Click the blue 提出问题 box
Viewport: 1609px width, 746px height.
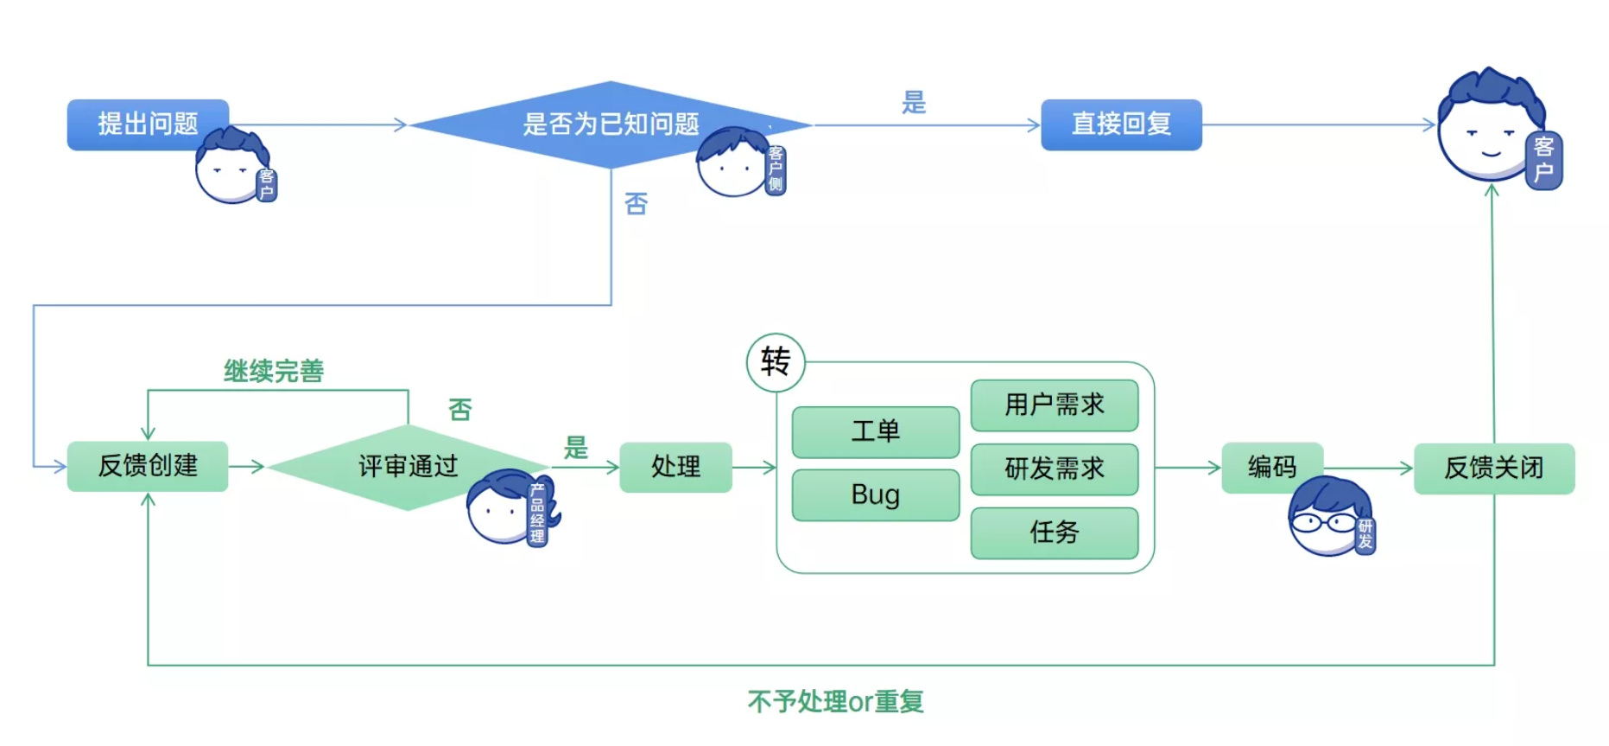(x=147, y=124)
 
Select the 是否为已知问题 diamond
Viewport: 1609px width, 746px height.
(x=610, y=124)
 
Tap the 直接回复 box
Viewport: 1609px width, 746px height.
(x=1120, y=124)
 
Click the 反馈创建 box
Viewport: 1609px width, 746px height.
(x=147, y=466)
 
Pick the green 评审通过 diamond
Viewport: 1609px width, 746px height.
(x=408, y=467)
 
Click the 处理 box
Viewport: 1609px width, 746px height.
(x=675, y=467)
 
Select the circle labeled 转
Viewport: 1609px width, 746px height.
(x=775, y=362)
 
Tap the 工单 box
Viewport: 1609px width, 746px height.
(x=875, y=431)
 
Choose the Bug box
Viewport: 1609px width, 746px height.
(x=875, y=494)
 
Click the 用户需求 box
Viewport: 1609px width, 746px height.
(x=1054, y=405)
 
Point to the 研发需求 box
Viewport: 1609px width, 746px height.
(x=1054, y=469)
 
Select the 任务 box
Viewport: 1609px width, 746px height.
(x=1054, y=532)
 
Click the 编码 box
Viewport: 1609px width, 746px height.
(x=1271, y=467)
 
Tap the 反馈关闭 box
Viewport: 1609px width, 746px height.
(x=1493, y=468)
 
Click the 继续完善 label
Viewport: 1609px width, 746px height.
(x=273, y=371)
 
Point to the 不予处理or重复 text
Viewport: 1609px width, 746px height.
(x=835, y=701)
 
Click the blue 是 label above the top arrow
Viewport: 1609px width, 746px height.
(x=913, y=102)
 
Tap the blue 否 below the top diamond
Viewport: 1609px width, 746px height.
(x=636, y=204)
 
